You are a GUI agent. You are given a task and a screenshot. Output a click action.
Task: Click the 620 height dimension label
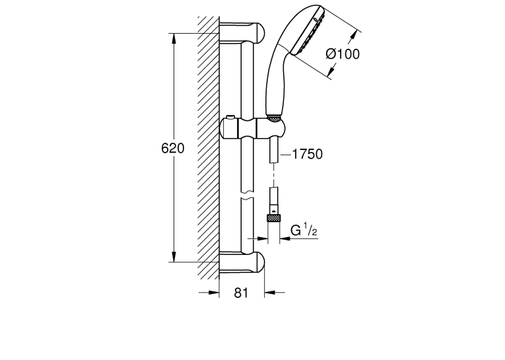173,149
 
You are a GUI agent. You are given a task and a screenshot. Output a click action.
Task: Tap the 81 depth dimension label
241,293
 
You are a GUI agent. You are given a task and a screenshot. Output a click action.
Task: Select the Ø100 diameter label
343,54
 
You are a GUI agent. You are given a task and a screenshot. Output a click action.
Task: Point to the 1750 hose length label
307,154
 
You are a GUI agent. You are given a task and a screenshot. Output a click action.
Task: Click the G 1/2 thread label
304,230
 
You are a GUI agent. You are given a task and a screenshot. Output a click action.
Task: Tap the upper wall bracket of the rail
242,32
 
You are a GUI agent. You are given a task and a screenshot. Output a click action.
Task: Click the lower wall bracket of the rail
242,262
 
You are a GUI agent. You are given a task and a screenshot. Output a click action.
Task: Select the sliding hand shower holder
252,128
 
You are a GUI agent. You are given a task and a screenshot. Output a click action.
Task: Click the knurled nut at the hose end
273,218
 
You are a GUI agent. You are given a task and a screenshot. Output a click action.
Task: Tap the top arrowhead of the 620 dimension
174,38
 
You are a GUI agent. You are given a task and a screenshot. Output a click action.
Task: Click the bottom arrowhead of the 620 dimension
174,256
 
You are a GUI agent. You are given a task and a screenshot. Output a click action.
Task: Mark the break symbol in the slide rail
247,196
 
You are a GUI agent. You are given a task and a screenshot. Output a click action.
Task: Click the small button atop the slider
230,117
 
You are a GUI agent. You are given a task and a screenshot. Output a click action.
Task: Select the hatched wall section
209,147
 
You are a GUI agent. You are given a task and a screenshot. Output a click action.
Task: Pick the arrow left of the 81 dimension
209,293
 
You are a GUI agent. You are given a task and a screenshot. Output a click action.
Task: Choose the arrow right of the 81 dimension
275,293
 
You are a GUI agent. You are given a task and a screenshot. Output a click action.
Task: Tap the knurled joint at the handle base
275,118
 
